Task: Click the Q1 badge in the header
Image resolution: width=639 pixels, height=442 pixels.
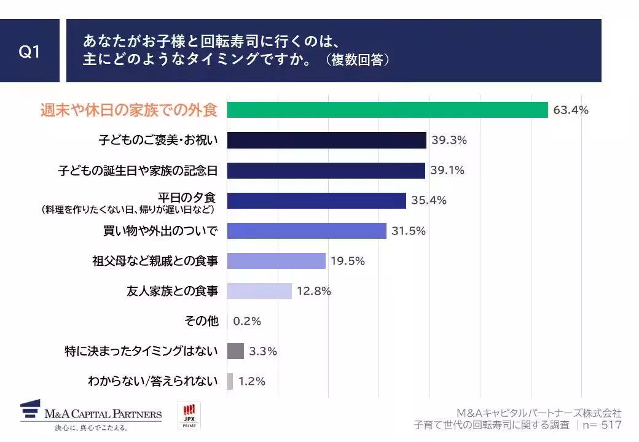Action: click(29, 52)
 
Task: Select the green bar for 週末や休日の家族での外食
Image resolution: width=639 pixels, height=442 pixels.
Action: click(387, 110)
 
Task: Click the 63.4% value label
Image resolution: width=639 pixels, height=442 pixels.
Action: click(571, 110)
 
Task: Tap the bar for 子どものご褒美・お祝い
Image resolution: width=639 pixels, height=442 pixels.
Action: click(326, 140)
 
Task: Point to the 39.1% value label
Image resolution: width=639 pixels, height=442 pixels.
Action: click(447, 171)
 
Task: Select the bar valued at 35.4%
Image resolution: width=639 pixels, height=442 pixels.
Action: click(316, 201)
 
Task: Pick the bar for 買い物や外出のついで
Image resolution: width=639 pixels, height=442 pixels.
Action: click(307, 231)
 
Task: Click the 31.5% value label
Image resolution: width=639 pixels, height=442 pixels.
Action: click(408, 231)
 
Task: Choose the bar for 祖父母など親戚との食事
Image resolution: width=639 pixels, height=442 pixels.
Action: click(276, 261)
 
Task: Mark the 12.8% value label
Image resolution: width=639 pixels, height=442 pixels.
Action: click(313, 291)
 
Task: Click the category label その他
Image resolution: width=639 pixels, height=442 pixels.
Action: click(201, 321)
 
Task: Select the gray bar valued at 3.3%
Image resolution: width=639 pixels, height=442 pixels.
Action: click(235, 351)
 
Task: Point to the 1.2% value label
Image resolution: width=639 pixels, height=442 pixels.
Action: click(252, 381)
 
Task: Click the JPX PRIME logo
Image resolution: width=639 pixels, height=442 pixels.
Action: click(189, 416)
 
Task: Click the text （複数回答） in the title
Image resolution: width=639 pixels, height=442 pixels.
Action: click(357, 61)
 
